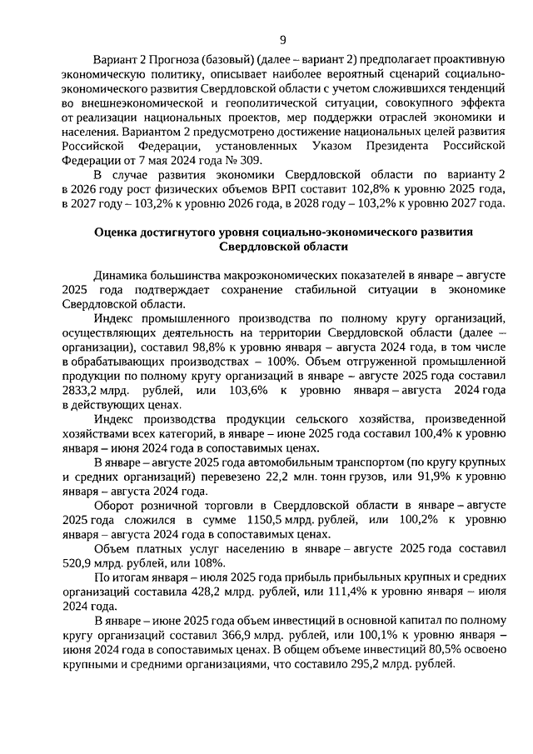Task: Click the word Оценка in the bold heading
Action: [117, 231]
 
